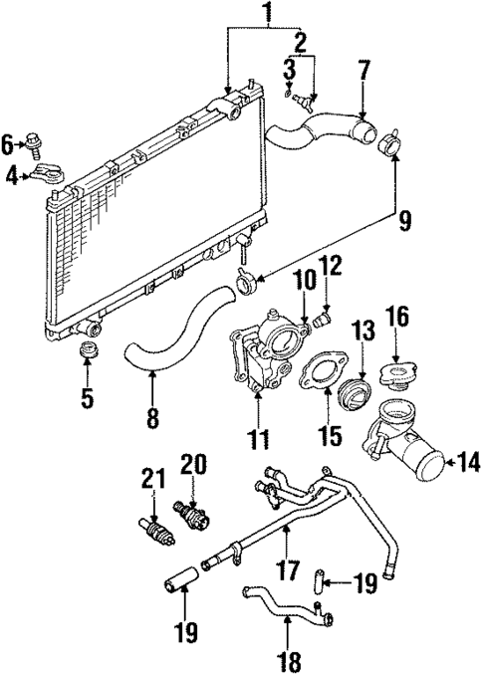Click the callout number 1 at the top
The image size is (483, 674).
[x=265, y=15]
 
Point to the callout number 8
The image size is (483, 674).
[x=151, y=419]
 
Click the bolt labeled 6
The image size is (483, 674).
[x=35, y=145]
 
